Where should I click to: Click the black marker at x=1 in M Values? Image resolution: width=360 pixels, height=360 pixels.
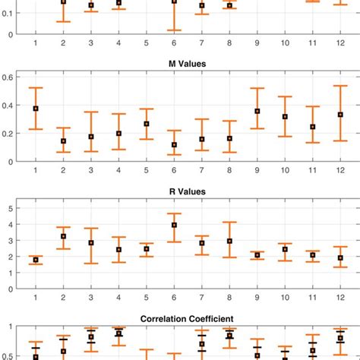pyautogui.click(x=36, y=109)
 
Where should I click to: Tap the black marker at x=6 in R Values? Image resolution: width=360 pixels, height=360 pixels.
pyautogui.click(x=174, y=225)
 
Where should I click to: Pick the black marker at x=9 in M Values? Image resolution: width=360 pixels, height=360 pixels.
pyautogui.click(x=257, y=111)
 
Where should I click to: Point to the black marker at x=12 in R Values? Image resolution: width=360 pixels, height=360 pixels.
pyautogui.click(x=340, y=258)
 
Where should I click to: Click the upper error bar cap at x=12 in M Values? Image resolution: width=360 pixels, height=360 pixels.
pyautogui.click(x=340, y=86)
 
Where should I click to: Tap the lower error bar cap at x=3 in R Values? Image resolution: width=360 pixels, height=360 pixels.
pyautogui.click(x=91, y=264)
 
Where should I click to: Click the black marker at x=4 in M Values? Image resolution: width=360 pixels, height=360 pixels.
pyautogui.click(x=118, y=133)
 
